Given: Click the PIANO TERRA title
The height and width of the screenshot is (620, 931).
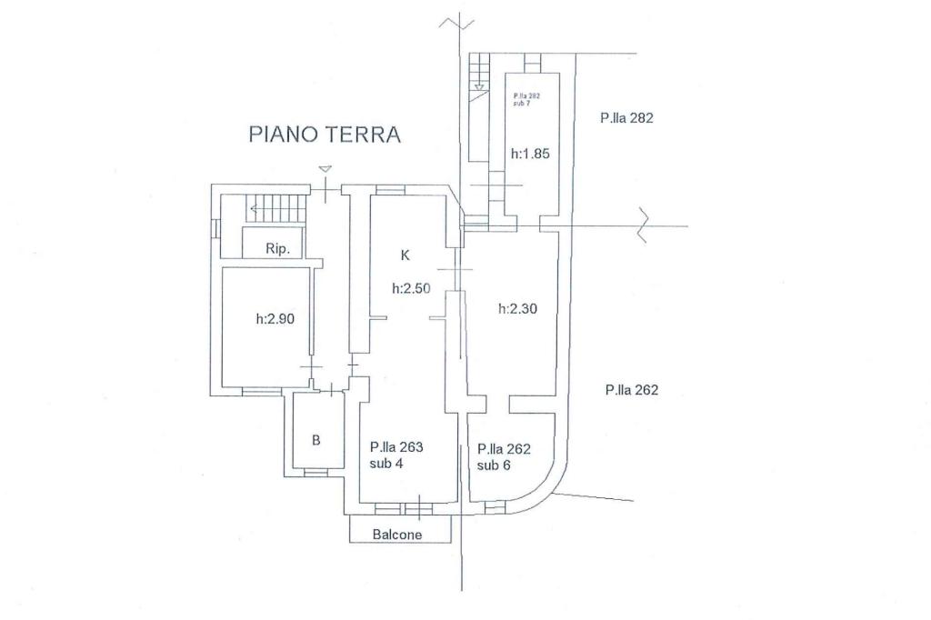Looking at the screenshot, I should coord(325,135).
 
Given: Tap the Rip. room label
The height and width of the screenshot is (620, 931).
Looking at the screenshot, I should coord(278,248).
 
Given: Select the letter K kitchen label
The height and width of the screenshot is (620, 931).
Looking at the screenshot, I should coord(405,255).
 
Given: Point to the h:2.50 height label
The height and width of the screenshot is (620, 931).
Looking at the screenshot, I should coord(411,288).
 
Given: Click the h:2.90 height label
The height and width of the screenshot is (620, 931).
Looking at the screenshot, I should coord(275,319).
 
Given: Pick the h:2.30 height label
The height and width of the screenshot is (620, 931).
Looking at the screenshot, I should coord(517,308).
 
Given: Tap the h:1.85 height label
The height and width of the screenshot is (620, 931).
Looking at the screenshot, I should coord(530,154).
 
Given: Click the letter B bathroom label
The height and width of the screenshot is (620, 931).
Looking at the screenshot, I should coord(316,440).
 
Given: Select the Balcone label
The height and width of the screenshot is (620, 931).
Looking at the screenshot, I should coord(397,535).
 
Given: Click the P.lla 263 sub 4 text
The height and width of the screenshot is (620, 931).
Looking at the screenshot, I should coord(396,455).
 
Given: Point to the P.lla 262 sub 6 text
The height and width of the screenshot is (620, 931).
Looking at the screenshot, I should coord(504,456).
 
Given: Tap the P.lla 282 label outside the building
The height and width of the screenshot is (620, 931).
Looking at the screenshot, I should coord(626,117).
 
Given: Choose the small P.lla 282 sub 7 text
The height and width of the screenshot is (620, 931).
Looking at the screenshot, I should coord(527,99).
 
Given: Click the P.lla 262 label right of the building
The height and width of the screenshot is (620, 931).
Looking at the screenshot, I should coord(631,390).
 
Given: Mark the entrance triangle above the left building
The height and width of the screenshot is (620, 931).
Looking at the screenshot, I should coord(325,169).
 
